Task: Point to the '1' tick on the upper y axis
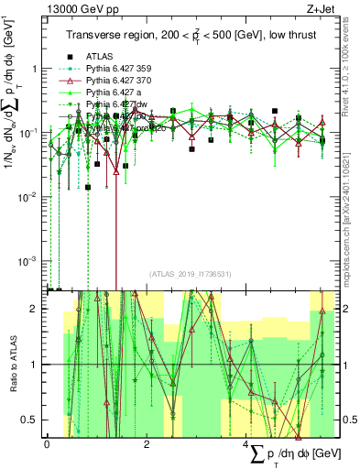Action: click(x=35, y=69)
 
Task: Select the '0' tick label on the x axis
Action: click(x=47, y=444)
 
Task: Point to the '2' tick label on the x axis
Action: click(x=147, y=444)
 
